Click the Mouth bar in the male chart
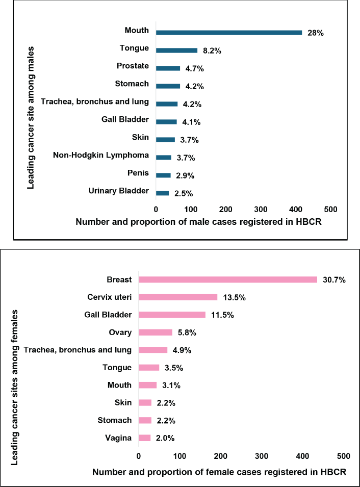(229, 33)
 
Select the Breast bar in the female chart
(228, 279)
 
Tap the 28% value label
(316, 33)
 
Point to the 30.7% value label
(334, 280)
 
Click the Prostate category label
(133, 66)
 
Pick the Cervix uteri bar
(178, 297)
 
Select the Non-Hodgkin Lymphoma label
(100, 155)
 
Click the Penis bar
(163, 175)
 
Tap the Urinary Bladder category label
(119, 191)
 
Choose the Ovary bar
(156, 332)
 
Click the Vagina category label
(118, 438)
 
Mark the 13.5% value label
(234, 297)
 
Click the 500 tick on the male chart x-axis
(330, 210)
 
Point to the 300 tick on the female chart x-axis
(262, 456)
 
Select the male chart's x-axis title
(199, 222)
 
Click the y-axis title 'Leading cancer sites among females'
(14, 387)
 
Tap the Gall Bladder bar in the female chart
(172, 315)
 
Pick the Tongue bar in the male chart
(177, 50)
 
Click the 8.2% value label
(212, 50)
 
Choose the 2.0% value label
(165, 438)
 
